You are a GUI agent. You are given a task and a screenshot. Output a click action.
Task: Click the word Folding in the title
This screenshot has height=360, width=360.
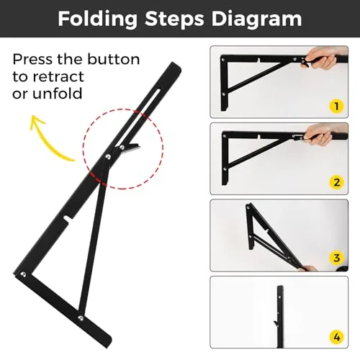point(98,19)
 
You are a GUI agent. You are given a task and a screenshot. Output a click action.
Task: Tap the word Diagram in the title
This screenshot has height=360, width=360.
point(256,19)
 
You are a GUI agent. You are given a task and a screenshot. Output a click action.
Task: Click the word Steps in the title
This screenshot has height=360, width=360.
point(174,19)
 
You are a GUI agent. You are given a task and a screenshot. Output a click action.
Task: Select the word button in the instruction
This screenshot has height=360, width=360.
point(114,59)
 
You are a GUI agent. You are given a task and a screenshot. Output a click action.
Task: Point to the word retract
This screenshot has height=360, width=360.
point(58,76)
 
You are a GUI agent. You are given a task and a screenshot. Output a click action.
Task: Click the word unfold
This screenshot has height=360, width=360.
point(58,93)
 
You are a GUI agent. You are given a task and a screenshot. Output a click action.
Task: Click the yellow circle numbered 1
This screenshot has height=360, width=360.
point(336,106)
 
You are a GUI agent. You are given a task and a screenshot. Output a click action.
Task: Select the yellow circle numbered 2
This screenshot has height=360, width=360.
point(336,182)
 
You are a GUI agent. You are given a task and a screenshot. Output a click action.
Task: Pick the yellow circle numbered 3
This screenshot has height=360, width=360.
point(336,258)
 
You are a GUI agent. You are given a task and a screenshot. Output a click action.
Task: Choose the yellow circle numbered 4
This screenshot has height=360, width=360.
point(336,338)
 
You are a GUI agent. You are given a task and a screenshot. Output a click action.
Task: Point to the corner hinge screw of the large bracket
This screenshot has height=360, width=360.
point(23,274)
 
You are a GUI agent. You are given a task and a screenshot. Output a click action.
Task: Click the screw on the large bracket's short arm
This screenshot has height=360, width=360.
point(81,318)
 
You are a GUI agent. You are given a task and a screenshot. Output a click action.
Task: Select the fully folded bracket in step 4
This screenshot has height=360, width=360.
point(280,316)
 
